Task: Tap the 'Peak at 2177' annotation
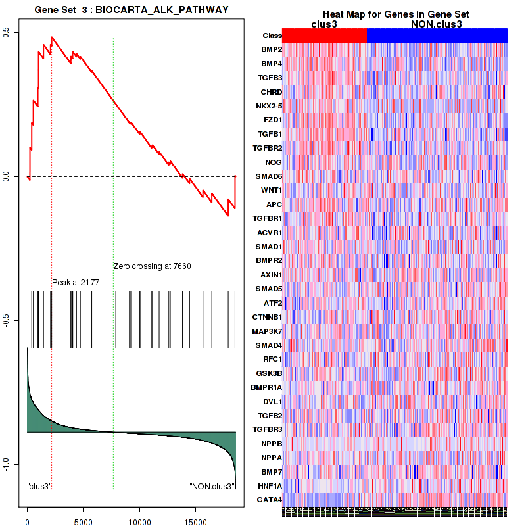(76, 282)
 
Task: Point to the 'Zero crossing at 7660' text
(152, 266)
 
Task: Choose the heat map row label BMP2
(272, 50)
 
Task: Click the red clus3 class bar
(324, 36)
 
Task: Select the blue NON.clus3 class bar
(437, 36)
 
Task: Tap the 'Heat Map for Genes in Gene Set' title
(396, 14)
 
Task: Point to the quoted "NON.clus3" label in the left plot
(212, 487)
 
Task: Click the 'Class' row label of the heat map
(272, 36)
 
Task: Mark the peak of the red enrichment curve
(52, 37)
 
